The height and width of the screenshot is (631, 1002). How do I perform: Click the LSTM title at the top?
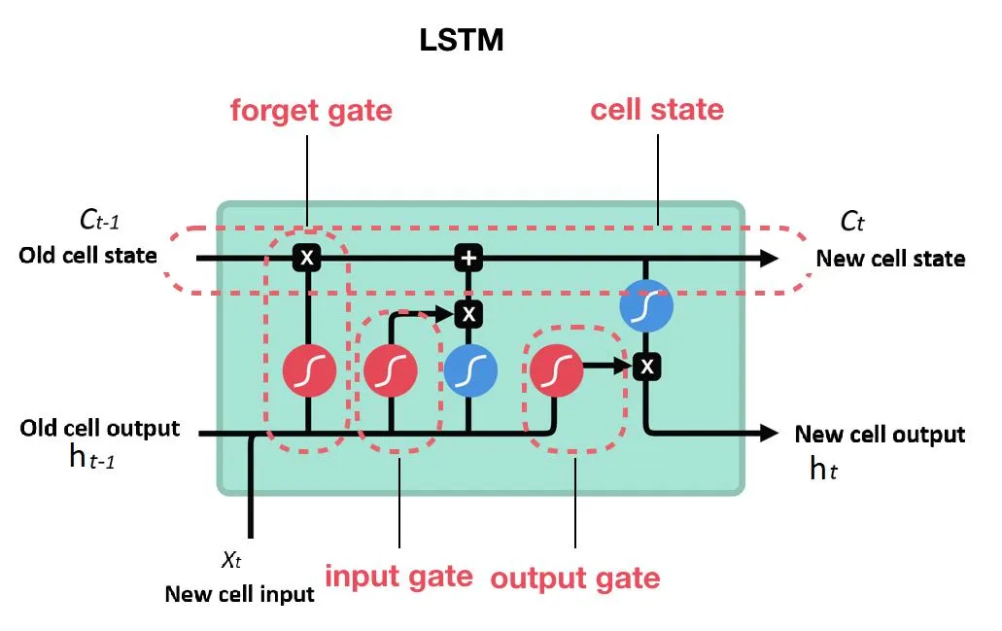click(x=462, y=40)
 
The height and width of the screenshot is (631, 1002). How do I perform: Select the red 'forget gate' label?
click(x=311, y=110)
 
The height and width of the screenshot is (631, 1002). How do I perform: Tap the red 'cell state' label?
click(x=657, y=109)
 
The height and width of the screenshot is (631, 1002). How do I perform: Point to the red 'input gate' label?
click(x=398, y=576)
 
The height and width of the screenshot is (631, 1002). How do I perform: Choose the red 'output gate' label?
click(x=574, y=578)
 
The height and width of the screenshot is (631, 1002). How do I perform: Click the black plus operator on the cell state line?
click(x=468, y=258)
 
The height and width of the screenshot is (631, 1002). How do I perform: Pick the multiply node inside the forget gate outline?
click(x=307, y=258)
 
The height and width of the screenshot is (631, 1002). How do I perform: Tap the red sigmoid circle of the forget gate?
click(x=309, y=370)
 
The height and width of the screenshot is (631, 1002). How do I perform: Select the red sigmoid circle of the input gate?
click(x=391, y=370)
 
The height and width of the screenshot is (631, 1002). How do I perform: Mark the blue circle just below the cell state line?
click(x=646, y=306)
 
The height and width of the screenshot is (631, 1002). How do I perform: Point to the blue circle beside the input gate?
click(x=471, y=370)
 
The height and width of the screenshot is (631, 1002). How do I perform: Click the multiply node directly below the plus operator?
click(x=468, y=313)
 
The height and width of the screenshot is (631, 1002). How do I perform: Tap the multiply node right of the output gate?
click(x=646, y=367)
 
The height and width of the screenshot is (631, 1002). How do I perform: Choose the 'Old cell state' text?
click(x=87, y=257)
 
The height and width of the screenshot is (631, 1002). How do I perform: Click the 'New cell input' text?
click(x=239, y=594)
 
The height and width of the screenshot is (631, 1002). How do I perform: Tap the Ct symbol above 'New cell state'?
click(x=852, y=222)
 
